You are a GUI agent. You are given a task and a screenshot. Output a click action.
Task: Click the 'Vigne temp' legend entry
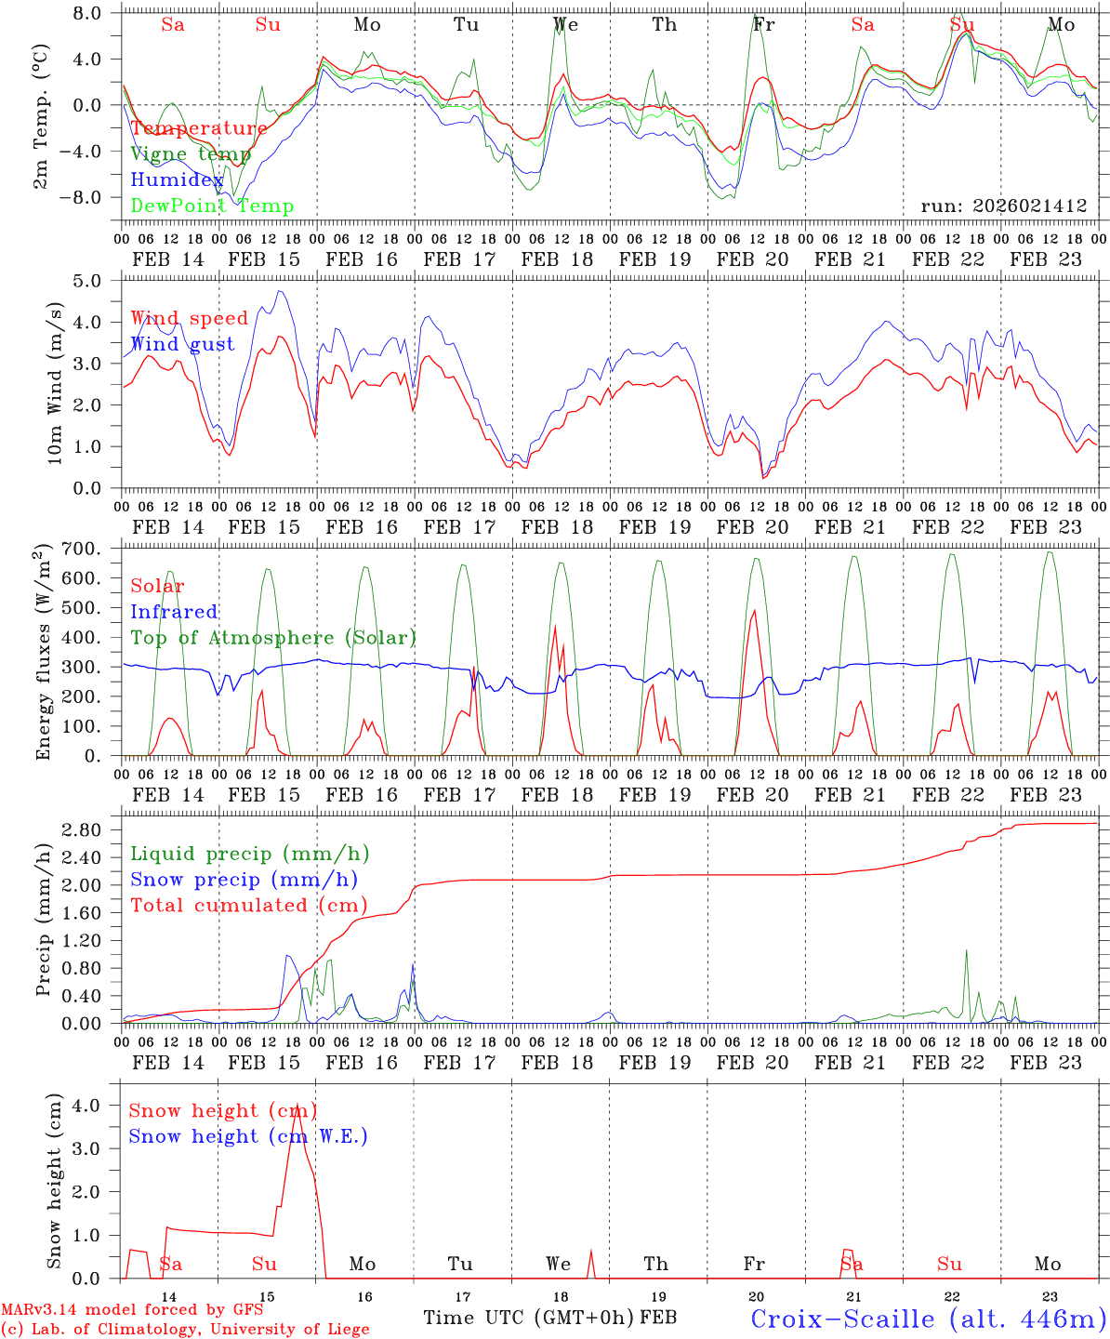[x=191, y=154]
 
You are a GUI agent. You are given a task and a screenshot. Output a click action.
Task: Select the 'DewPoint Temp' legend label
[x=212, y=206]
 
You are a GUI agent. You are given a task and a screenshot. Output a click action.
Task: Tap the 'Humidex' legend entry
[x=177, y=180]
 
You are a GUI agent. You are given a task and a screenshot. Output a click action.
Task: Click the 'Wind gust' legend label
[x=182, y=344]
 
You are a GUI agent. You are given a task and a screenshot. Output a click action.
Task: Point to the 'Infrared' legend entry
[x=174, y=612]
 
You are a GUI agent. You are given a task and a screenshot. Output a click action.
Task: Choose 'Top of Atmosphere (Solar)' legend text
[x=273, y=638]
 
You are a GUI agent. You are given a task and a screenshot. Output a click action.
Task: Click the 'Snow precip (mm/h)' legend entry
[x=244, y=880]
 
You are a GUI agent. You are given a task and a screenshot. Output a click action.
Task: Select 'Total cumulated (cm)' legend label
[x=248, y=906]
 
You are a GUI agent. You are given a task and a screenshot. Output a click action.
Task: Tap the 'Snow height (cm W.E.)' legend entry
[x=248, y=1136]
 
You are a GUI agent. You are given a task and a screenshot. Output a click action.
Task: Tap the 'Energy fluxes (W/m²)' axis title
[x=42, y=655]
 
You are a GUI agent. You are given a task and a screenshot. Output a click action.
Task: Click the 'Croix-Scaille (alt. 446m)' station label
[x=928, y=1319]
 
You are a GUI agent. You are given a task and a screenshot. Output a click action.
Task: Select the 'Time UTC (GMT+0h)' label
[x=529, y=1318]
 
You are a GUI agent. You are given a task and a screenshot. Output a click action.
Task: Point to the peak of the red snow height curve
[x=297, y=1106]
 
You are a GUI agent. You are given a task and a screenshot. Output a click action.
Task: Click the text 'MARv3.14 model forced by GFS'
[x=132, y=1310]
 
